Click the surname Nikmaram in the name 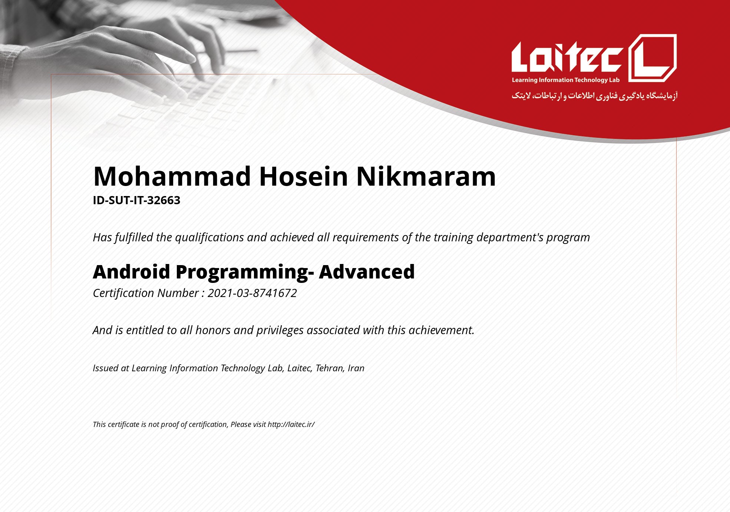[x=426, y=176]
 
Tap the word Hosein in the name [x=303, y=176]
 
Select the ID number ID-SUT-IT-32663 [x=136, y=200]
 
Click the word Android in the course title [x=131, y=271]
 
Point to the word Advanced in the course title [x=367, y=271]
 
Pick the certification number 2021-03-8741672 [x=252, y=293]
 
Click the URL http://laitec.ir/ [x=291, y=424]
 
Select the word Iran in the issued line [x=356, y=368]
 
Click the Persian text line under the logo [x=594, y=96]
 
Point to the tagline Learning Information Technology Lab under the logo [x=566, y=80]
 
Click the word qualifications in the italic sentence [x=209, y=237]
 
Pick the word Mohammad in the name [x=172, y=176]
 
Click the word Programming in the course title [x=245, y=272]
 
